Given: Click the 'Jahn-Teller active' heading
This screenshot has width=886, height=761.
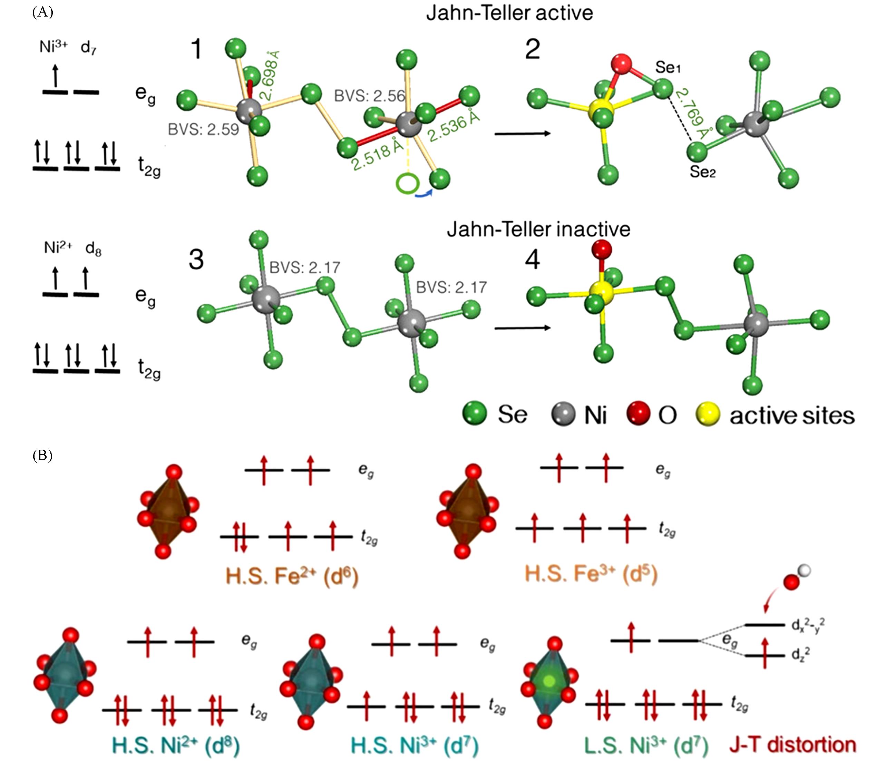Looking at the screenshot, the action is point(509,13).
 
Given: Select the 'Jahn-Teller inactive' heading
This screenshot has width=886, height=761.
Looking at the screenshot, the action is point(538,230).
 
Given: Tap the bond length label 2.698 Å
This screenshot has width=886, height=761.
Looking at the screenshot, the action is point(271,76).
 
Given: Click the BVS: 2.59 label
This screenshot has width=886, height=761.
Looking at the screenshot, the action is point(204,129).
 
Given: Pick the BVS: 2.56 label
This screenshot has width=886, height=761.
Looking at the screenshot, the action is point(369,96).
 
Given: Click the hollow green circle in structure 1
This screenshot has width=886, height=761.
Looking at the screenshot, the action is point(408,183).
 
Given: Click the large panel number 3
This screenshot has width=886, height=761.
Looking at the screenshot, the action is point(196,260).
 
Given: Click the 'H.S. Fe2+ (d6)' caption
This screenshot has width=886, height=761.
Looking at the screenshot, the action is point(292,576).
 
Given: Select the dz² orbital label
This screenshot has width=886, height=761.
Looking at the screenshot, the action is point(800,655).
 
